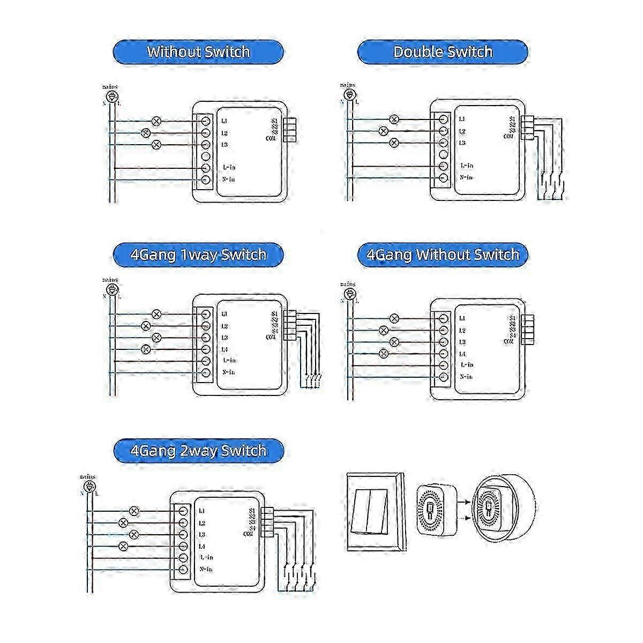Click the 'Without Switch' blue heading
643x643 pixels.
click(x=198, y=52)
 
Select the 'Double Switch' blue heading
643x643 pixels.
click(x=443, y=52)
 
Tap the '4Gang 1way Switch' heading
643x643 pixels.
click(x=198, y=254)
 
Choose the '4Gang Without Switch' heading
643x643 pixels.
click(x=443, y=254)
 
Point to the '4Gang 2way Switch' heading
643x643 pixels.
click(x=198, y=451)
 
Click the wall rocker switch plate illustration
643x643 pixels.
click(x=375, y=512)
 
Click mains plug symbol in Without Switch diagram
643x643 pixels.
click(x=111, y=96)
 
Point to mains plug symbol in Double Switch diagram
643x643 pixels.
click(x=349, y=95)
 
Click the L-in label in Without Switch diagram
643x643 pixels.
click(x=228, y=167)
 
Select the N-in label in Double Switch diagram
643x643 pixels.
click(x=466, y=177)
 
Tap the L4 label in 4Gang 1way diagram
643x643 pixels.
click(x=225, y=349)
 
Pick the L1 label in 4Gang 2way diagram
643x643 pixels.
click(x=202, y=511)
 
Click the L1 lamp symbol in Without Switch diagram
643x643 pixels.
click(x=156, y=121)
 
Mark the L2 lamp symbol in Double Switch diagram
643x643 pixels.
click(x=383, y=131)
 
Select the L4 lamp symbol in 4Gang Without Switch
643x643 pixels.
click(x=383, y=354)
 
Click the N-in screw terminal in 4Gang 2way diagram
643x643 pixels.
click(x=183, y=570)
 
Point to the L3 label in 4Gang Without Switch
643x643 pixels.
click(x=462, y=342)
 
